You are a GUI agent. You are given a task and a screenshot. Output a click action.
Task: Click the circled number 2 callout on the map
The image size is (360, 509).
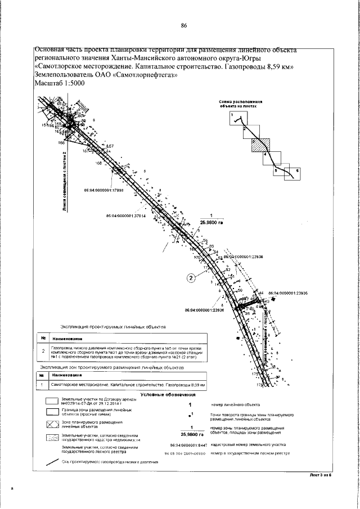point(191,277)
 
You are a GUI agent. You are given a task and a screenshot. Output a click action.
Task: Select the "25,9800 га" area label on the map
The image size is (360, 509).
point(211,222)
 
